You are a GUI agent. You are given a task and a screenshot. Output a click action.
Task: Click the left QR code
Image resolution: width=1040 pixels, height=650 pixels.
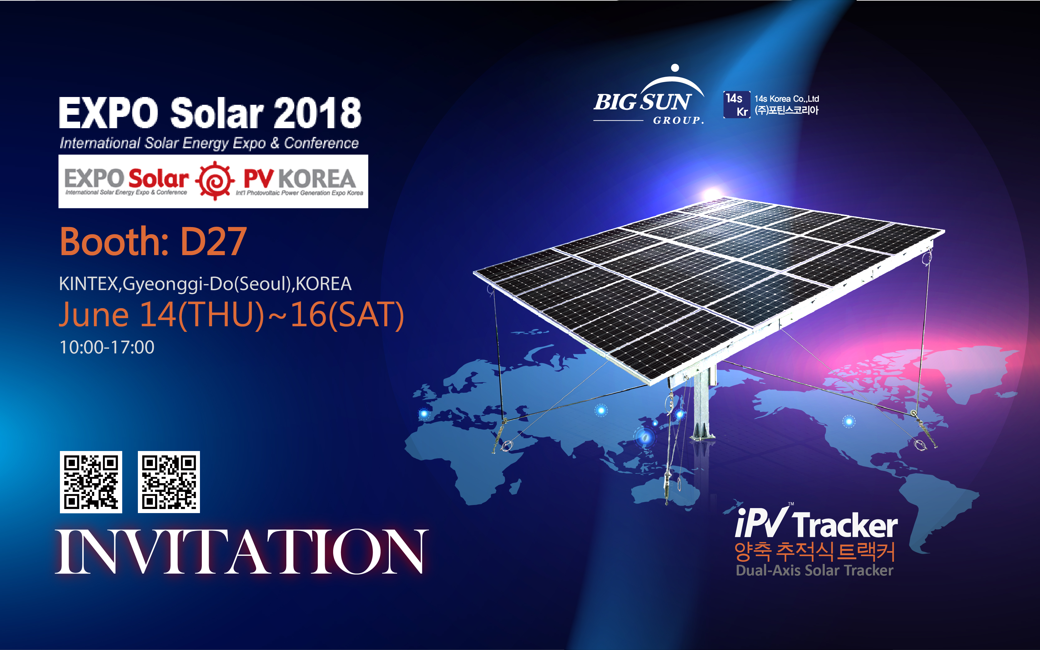click(91, 482)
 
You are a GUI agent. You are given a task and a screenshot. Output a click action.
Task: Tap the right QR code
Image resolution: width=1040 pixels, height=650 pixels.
click(168, 482)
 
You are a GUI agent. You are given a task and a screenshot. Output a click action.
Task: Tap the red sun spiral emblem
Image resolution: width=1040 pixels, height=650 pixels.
click(215, 181)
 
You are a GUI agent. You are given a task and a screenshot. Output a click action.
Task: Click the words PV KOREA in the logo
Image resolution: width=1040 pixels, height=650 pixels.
click(299, 178)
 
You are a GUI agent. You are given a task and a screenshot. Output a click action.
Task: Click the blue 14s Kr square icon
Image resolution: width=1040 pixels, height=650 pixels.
click(737, 104)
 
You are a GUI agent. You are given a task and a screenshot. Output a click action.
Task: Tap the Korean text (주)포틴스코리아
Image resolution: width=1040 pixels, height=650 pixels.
click(786, 110)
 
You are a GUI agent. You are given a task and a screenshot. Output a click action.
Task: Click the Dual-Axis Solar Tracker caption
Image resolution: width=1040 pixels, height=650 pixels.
click(815, 570)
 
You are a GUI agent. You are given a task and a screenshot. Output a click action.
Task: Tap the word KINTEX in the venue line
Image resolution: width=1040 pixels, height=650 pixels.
click(89, 284)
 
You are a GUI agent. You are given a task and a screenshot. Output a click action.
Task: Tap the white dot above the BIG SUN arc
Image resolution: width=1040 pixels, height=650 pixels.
click(675, 67)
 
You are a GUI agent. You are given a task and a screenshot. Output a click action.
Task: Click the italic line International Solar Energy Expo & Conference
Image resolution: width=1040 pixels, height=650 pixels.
click(209, 143)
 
